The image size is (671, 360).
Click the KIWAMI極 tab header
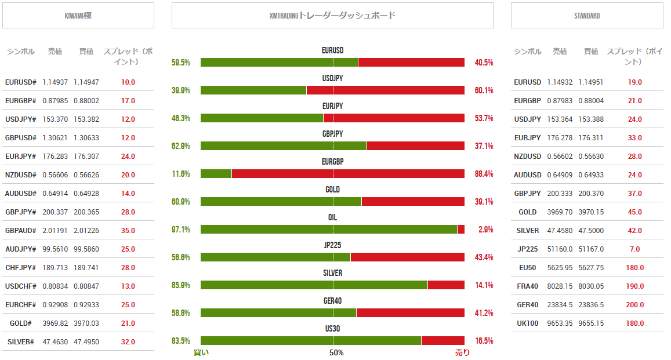(x=78, y=16)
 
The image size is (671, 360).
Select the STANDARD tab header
(x=586, y=16)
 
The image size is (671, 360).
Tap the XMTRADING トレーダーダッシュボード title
(x=332, y=16)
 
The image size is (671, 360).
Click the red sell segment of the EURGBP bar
(x=348, y=173)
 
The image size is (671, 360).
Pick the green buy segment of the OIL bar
(x=329, y=229)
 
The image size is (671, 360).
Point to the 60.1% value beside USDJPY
(x=484, y=90)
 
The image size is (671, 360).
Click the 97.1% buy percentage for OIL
(x=181, y=230)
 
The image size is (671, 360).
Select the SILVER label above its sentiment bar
(x=332, y=273)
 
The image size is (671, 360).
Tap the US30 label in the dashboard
(x=332, y=329)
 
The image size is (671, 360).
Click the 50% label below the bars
(x=336, y=352)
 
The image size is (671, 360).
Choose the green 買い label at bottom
(x=201, y=352)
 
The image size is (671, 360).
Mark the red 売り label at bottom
(x=462, y=352)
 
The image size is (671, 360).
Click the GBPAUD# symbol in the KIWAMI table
(x=20, y=231)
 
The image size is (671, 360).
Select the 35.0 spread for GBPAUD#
(x=128, y=231)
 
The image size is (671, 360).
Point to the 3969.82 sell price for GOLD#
(x=55, y=323)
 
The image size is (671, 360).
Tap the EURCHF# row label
(x=20, y=305)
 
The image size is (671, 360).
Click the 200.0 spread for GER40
(x=634, y=305)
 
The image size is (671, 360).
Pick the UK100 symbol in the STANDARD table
(x=527, y=323)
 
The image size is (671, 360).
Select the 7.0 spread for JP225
(x=634, y=249)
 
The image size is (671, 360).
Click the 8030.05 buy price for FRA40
(x=591, y=286)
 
